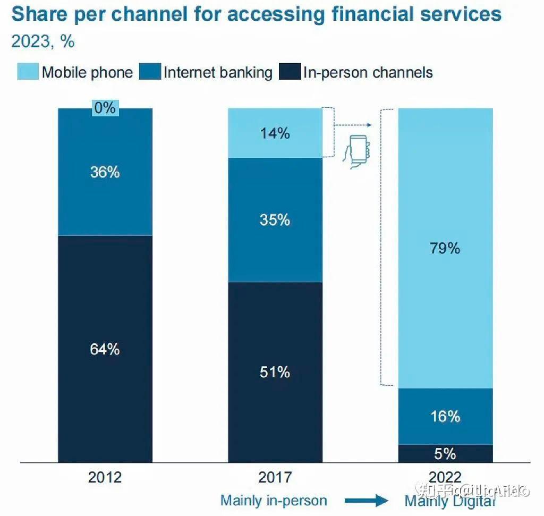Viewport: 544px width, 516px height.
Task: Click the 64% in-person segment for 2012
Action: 105,349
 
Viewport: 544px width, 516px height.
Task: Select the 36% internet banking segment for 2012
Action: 105,172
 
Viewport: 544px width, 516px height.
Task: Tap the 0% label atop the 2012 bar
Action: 105,108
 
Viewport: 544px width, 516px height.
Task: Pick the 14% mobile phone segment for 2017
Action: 275,133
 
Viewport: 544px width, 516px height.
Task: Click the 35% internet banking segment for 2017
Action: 275,219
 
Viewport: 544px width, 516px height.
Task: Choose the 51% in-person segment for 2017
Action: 275,372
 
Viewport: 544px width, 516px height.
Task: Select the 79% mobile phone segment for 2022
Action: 445,248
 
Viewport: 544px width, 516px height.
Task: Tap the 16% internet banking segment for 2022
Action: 445,416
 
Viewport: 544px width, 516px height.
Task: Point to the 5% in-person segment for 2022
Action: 445,453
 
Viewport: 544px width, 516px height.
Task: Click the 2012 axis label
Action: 105,477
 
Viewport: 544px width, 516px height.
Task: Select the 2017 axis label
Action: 275,477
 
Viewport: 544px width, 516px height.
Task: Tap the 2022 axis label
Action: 445,477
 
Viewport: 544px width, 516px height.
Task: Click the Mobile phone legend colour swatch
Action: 28,72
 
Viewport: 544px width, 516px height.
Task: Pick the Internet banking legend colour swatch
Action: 150,72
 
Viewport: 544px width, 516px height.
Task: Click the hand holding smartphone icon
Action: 357,152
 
